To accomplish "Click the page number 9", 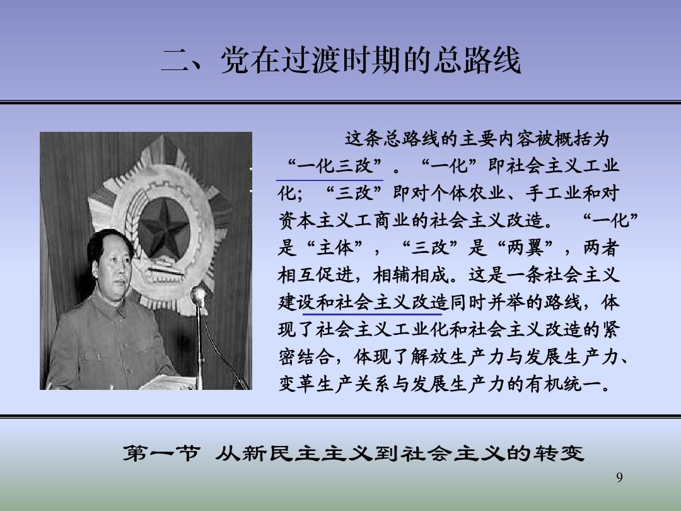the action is pyautogui.click(x=619, y=477).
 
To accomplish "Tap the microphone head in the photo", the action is pyautogui.click(x=199, y=295).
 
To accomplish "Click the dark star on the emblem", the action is pyautogui.click(x=164, y=229).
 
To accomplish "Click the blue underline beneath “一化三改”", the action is pyautogui.click(x=330, y=179).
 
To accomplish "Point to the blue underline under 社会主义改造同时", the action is pyautogui.click(x=372, y=314).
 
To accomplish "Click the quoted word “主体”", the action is pyautogui.click(x=334, y=248).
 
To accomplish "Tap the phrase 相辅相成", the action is pyautogui.click(x=410, y=275).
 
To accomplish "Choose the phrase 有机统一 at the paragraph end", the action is pyautogui.click(x=563, y=384).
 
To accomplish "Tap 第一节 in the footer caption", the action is pyautogui.click(x=161, y=454).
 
